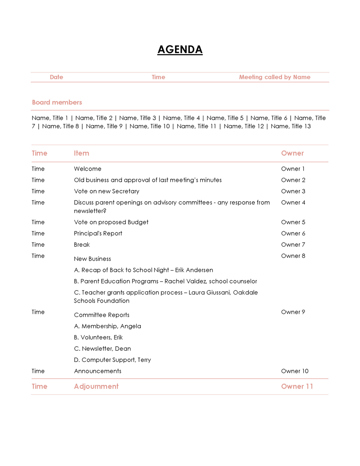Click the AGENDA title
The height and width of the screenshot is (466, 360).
click(x=180, y=50)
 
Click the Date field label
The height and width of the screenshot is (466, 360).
click(x=56, y=77)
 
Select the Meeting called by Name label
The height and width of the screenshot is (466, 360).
click(x=274, y=77)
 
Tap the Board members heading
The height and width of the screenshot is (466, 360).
click(x=57, y=102)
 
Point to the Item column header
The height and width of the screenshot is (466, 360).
click(x=81, y=153)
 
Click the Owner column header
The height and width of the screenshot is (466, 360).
click(x=292, y=153)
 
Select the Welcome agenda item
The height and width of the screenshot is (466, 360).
click(x=87, y=169)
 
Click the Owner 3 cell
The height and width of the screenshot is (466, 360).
click(x=293, y=191)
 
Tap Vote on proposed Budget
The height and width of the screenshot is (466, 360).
click(x=111, y=222)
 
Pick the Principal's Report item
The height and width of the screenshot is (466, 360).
click(x=98, y=233)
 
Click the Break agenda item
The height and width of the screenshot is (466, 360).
click(x=81, y=244)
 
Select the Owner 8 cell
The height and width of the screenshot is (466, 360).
click(x=293, y=256)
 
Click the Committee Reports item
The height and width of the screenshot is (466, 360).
click(x=101, y=315)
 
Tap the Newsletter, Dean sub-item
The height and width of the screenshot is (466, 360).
click(x=102, y=348)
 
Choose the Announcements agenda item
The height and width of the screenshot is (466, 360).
click(x=97, y=371)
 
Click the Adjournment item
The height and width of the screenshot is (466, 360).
click(x=96, y=386)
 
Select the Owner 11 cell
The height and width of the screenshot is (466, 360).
click(x=297, y=386)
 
